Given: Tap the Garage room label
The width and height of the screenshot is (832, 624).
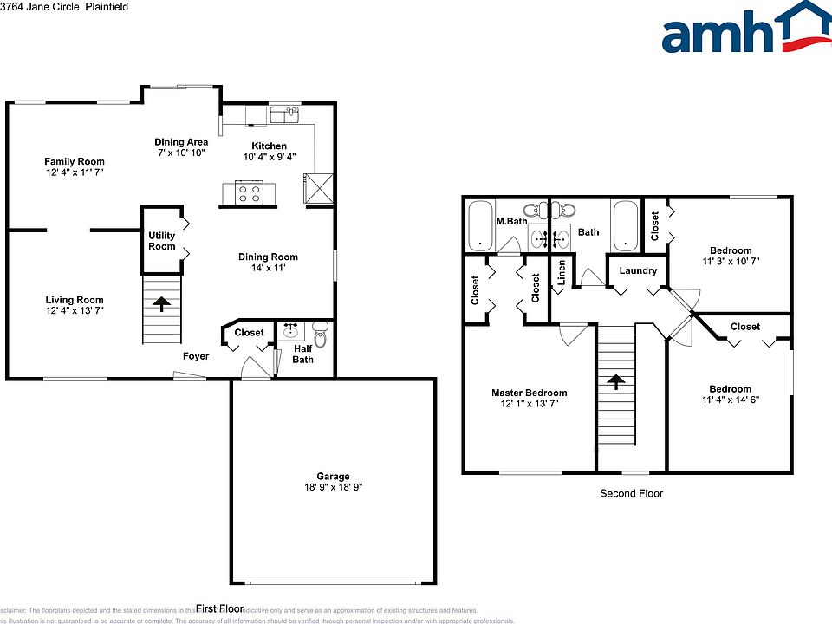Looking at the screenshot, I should coord(333,476).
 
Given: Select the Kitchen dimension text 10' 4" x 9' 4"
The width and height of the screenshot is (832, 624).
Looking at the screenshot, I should coord(269,158).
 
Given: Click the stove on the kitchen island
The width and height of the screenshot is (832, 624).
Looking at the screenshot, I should coord(250,192).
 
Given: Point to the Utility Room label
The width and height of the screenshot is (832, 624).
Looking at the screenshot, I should coord(162,241).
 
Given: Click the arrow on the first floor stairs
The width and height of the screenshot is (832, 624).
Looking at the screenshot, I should coord(162,303).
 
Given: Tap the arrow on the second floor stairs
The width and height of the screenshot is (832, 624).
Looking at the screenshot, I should coord(615,380).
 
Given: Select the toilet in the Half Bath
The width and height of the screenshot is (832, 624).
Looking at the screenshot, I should coord(320,335).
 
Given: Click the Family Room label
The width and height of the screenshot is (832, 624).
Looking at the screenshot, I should coord(75,161).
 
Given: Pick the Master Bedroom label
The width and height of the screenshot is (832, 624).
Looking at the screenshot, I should coord(529,393).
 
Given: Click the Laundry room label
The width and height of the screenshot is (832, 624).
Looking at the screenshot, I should coord(638,270).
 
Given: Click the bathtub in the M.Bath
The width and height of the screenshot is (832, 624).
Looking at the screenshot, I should coord(479,226).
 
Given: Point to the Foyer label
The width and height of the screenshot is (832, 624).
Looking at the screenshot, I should coord(195,356).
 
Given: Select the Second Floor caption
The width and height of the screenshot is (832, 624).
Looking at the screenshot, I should coord(631,493).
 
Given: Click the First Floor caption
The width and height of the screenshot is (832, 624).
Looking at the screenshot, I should coord(219,608).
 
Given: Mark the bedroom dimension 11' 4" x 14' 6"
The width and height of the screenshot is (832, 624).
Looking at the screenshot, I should coord(730,400).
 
